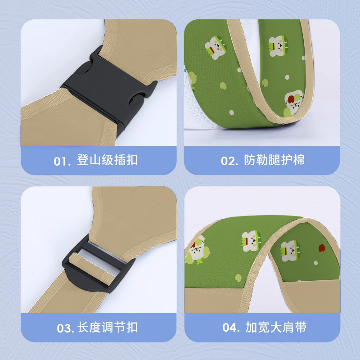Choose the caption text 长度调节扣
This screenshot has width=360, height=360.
[x=108, y=328]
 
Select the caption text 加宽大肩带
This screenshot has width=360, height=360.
[x=276, y=328]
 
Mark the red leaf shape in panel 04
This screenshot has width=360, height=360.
[x=322, y=247]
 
